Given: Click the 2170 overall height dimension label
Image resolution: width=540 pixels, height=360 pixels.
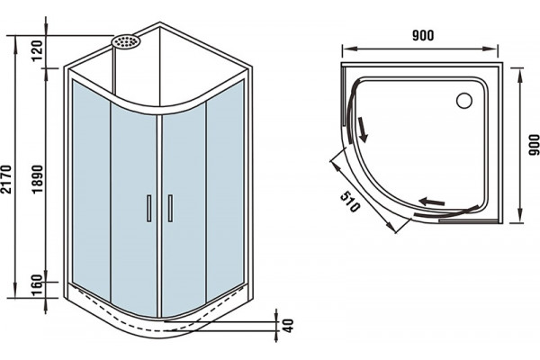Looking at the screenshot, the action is click(x=6, y=179).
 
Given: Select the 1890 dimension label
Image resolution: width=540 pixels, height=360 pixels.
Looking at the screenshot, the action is click(x=38, y=179).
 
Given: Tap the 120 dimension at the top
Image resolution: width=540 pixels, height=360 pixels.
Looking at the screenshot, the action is click(x=37, y=50).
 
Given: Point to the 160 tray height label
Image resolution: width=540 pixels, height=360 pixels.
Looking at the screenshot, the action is click(x=37, y=284).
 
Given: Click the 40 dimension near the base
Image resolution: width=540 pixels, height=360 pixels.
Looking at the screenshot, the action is click(x=289, y=326).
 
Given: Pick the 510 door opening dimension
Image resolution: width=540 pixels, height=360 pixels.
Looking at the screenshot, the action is click(x=350, y=202).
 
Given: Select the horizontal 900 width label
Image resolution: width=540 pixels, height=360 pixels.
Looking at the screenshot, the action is click(x=423, y=35).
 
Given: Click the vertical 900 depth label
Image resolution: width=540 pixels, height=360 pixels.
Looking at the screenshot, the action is click(x=534, y=145).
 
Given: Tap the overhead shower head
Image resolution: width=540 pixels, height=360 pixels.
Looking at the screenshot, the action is click(x=126, y=41).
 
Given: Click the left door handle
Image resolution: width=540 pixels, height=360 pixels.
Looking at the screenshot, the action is click(x=149, y=208).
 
